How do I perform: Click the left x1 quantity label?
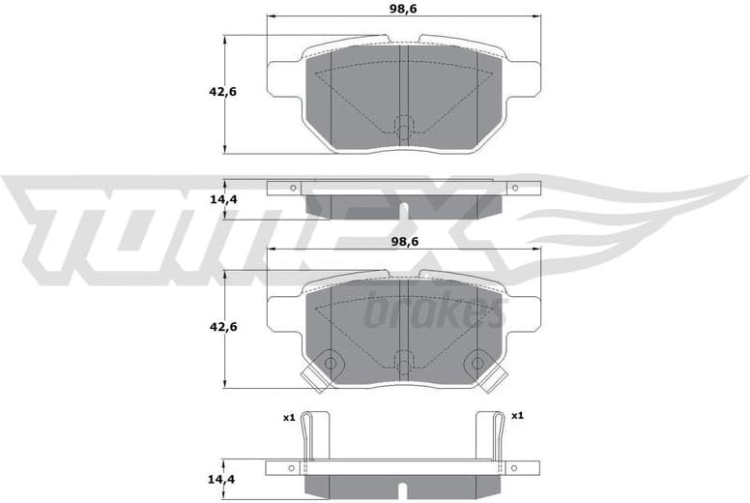[x=288, y=417]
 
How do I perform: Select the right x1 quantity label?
[x=517, y=416]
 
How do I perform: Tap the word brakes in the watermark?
[x=435, y=312]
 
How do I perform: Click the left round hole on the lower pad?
[x=331, y=363]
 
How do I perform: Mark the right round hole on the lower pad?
[x=476, y=363]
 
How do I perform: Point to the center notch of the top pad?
[x=404, y=126]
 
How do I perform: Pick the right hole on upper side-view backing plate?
[x=514, y=188]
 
